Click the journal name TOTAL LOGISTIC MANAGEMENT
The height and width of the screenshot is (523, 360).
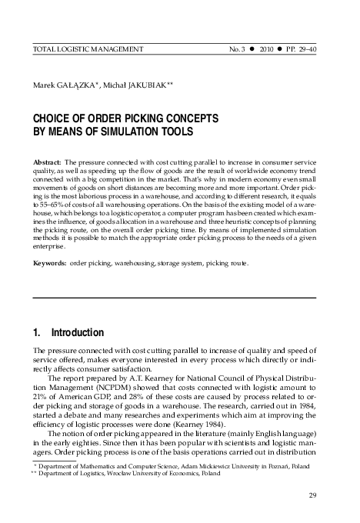(85, 50)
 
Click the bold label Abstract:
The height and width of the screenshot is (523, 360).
(47, 164)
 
